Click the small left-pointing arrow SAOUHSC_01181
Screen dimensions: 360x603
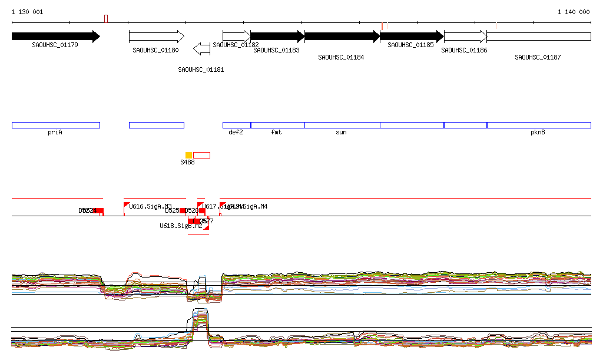[x=201, y=49]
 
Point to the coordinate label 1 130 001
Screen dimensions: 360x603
[x=27, y=12]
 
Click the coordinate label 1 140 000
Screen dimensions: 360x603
[x=574, y=12]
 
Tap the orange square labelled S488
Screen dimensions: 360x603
[x=188, y=155]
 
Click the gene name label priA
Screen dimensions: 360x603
[x=55, y=133]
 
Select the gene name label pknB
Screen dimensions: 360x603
[x=538, y=133]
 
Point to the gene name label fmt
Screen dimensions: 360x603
[x=276, y=133]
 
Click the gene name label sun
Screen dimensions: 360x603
[x=341, y=133]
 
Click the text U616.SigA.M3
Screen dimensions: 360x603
[x=150, y=206]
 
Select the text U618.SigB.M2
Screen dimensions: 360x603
[x=181, y=226]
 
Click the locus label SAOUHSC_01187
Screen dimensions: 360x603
[x=538, y=57]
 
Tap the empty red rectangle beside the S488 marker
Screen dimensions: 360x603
[x=201, y=155]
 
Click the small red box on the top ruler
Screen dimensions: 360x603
[x=106, y=19]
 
